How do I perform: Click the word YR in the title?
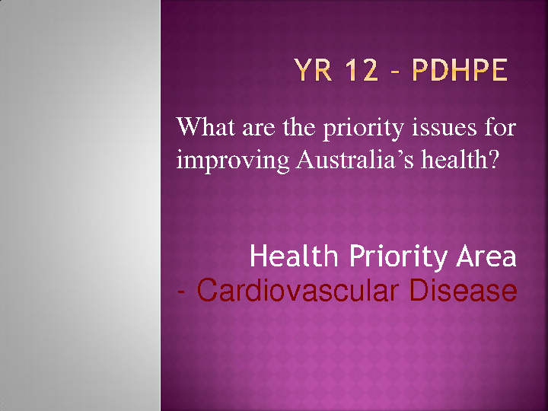coord(313,71)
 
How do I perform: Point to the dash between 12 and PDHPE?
coord(396,72)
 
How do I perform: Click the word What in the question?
coord(206,126)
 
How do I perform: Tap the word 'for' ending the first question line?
coord(500,126)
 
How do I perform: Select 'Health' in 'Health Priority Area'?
coord(294,256)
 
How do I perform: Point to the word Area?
coord(486,256)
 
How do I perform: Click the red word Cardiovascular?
coord(298,290)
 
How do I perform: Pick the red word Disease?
coord(463,290)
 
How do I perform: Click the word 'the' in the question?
coord(298,126)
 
